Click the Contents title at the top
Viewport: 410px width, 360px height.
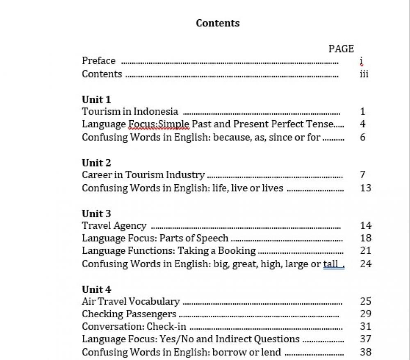[x=218, y=23]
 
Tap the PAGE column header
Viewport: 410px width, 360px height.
[x=341, y=49]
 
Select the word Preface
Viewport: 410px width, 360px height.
[x=99, y=61]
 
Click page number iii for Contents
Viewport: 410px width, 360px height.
[x=364, y=74]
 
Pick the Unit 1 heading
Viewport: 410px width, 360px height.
[x=96, y=99]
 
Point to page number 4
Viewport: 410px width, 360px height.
[x=362, y=124]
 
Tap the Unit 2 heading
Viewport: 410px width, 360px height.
[x=96, y=163]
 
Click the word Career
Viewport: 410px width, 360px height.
[x=96, y=175]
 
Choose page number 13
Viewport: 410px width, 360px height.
[x=365, y=188]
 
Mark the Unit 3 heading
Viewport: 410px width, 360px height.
[x=96, y=213]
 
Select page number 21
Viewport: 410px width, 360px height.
[x=365, y=251]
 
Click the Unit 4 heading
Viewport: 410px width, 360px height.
[x=96, y=289]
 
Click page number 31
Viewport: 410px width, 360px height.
[x=365, y=326]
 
